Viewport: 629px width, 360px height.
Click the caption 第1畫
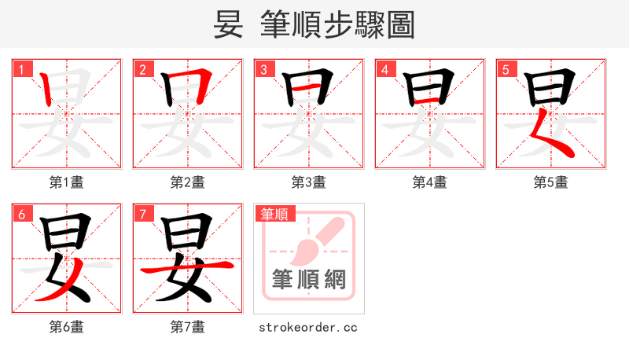point(67,182)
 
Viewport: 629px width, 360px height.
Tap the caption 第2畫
point(188,182)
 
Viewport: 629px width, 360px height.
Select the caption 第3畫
point(309,182)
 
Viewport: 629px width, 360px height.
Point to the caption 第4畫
point(430,182)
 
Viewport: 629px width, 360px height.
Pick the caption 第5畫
point(550,182)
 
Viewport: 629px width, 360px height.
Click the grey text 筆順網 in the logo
point(309,280)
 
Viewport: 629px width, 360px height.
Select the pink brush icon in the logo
point(318,240)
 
